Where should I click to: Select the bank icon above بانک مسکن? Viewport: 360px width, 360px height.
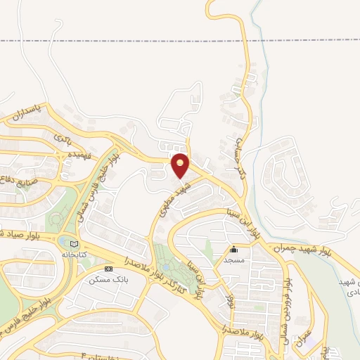(108, 269)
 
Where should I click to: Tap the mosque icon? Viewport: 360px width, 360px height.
(233, 250)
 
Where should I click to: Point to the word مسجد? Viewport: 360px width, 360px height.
(233, 259)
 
